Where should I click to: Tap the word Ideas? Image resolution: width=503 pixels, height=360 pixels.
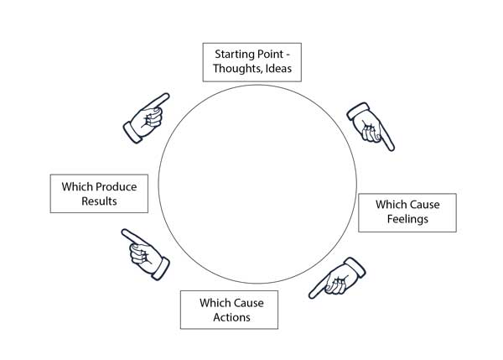[x=278, y=69]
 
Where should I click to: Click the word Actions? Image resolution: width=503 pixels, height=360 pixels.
[x=230, y=317]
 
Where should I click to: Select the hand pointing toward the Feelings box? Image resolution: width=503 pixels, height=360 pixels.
[x=370, y=125]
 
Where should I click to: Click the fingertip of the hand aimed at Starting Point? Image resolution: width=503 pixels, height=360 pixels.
[x=166, y=97]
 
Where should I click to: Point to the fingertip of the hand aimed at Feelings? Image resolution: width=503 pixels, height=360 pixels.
[x=391, y=148]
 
